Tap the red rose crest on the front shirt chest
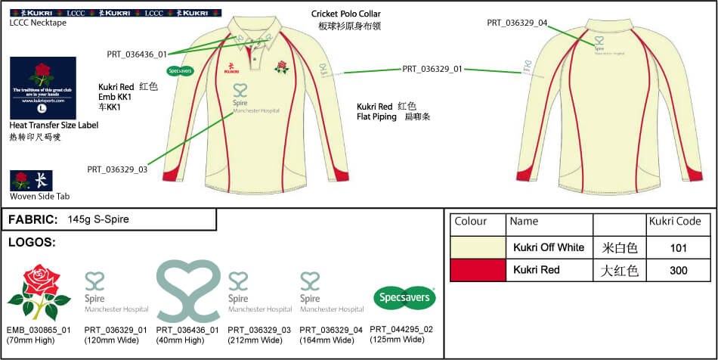[x=282, y=67]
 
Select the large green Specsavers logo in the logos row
[x=405, y=297]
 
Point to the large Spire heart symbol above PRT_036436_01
[x=188, y=291]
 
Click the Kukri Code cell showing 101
[x=679, y=247]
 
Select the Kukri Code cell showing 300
[x=679, y=270]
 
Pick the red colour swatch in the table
[x=478, y=270]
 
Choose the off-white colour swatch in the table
[x=478, y=247]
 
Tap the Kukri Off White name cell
[x=548, y=247]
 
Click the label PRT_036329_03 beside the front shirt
[x=117, y=169]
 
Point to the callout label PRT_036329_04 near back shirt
[x=517, y=23]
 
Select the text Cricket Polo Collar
[x=346, y=14]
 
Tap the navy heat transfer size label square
[x=43, y=87]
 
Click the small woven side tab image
[x=20, y=181]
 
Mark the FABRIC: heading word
[x=32, y=219]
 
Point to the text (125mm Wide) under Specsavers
[x=403, y=340]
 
